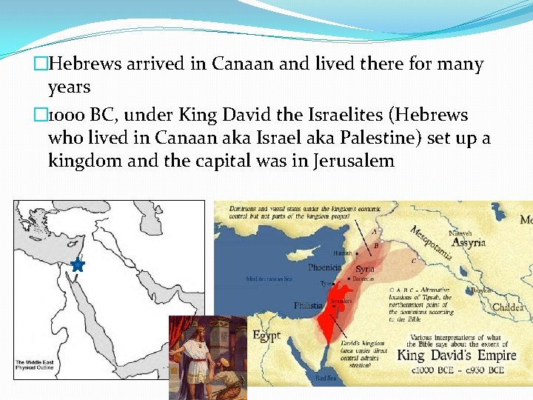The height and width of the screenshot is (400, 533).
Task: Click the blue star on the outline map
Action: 78,264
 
